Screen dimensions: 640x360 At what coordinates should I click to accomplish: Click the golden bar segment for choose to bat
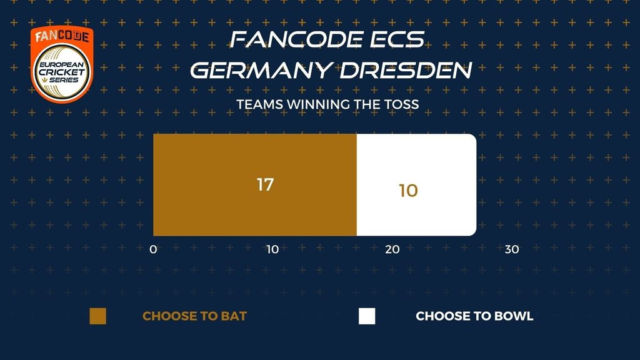pos(255,185)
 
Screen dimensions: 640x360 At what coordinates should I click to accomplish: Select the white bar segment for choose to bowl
pos(416,185)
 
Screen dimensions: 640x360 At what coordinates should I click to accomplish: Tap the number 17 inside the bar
pos(265,185)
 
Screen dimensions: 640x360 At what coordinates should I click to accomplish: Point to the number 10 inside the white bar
pos(408,191)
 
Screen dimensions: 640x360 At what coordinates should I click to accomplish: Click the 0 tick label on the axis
pos(153,249)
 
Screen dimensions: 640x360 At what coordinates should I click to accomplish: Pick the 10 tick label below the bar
pos(272,249)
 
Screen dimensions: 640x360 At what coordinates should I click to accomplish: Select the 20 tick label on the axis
pos(392,249)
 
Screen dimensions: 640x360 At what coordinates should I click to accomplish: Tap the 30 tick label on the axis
pos(512,249)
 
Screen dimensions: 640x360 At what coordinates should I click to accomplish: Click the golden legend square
pos(98,316)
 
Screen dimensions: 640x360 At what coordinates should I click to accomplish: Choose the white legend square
pos(367,316)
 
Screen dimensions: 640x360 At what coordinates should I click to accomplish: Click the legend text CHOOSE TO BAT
pos(195,316)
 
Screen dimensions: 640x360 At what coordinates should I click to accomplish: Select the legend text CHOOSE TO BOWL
pos(474,316)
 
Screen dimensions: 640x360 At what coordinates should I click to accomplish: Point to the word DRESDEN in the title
pos(406,70)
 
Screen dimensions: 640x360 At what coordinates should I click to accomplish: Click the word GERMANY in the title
pos(261,70)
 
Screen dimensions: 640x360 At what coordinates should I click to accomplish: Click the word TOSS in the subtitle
pos(401,104)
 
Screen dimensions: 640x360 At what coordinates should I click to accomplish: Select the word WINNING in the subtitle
pos(318,104)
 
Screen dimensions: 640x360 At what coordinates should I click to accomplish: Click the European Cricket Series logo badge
pos(62,64)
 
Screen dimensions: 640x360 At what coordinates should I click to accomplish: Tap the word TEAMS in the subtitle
pos(260,104)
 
